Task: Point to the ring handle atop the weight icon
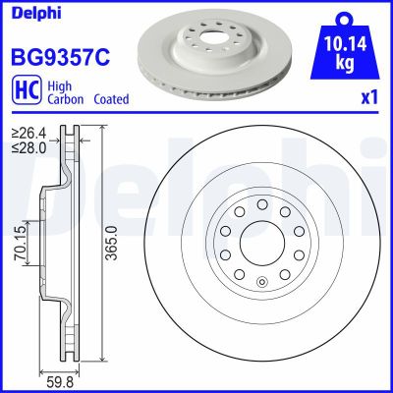coord(342,17)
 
